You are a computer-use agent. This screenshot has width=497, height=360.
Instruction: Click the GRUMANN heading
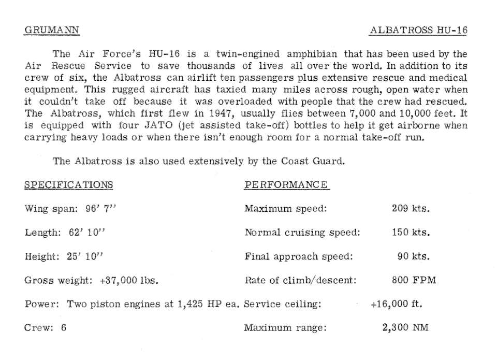[52, 30]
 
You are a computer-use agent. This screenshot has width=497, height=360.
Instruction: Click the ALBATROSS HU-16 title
[418, 30]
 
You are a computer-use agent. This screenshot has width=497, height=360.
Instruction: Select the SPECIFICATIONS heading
[69, 185]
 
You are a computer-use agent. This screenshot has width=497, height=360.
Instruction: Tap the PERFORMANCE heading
[286, 185]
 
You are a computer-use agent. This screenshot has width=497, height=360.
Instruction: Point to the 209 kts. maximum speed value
[411, 209]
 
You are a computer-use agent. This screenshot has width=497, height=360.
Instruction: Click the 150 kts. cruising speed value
[411, 233]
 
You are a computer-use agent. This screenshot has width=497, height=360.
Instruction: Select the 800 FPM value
[414, 280]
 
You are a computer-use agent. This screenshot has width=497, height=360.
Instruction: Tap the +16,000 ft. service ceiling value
[397, 304]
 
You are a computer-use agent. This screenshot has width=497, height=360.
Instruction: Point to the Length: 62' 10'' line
[65, 233]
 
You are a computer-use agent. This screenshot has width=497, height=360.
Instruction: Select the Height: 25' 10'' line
[65, 256]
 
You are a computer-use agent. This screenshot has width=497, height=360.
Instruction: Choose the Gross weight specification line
[91, 280]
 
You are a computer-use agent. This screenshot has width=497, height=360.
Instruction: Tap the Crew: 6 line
[46, 327]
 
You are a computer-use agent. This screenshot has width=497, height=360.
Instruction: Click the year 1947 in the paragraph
[211, 113]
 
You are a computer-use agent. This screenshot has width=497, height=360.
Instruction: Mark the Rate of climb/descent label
[300, 280]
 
